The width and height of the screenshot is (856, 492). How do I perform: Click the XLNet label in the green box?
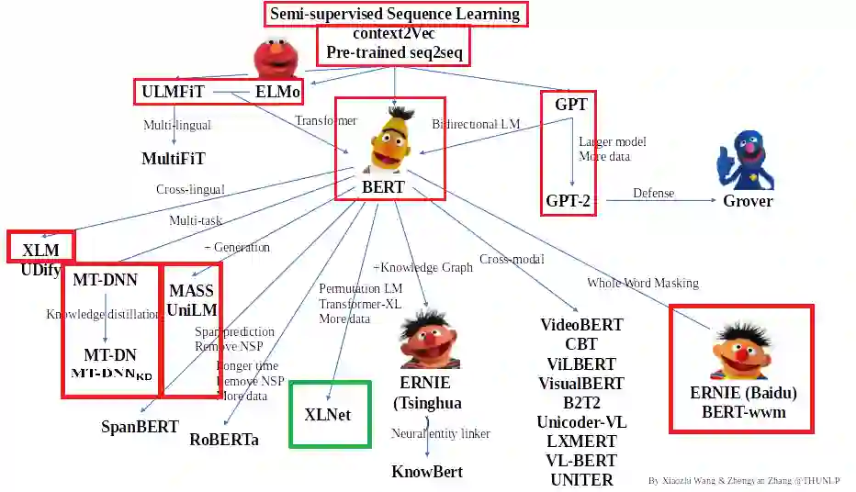328,415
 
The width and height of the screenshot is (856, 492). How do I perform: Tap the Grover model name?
747,201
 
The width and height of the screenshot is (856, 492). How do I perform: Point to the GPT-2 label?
568,200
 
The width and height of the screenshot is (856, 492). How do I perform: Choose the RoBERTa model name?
224,440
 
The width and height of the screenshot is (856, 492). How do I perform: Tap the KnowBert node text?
427,472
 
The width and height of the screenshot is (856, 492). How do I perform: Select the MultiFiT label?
174,159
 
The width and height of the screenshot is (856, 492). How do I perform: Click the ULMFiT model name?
173,92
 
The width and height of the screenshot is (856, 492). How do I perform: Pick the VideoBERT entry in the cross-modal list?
581,325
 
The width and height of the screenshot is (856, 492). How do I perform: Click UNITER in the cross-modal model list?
581,479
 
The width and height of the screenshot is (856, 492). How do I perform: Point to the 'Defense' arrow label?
653,194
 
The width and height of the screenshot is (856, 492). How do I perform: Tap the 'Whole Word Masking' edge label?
643,283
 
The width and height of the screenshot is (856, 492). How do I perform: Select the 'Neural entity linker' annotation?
441,433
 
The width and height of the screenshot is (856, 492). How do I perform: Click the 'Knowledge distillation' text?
103,315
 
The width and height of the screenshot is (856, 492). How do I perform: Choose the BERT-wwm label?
743,412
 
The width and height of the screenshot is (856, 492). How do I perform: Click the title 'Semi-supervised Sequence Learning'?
395,14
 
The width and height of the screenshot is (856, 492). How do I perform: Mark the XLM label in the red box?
40,250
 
